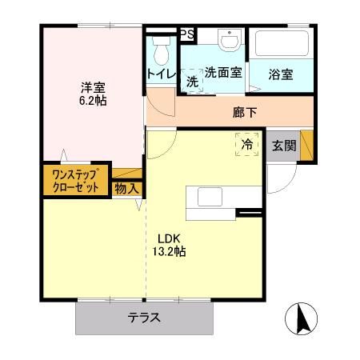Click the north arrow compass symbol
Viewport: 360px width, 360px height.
tap(302, 321)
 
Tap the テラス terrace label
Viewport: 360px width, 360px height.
tap(144, 318)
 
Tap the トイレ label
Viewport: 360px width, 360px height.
tap(159, 74)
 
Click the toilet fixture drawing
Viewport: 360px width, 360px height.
tap(161, 51)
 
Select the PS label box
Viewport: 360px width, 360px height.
tap(186, 34)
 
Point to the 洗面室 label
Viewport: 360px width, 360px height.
tap(223, 72)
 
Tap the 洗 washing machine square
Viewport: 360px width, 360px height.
tap(192, 81)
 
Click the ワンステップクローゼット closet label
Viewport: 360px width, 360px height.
tap(75, 181)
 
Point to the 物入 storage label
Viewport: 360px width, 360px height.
tap(126, 188)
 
